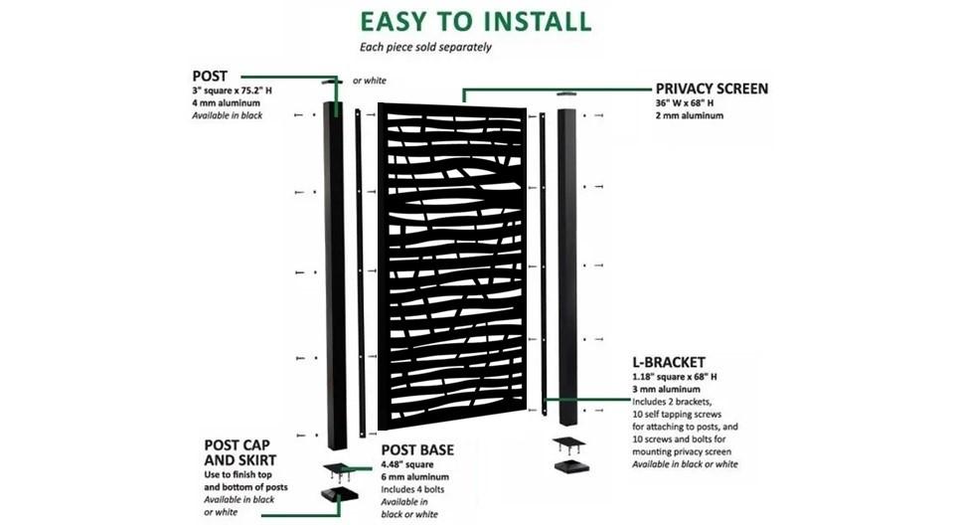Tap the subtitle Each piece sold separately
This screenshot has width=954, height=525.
(x=425, y=47)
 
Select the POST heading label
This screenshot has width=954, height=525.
(x=210, y=76)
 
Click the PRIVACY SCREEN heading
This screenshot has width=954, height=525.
(x=712, y=88)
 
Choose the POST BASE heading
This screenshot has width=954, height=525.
(x=417, y=450)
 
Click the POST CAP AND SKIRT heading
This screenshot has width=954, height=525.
(x=240, y=452)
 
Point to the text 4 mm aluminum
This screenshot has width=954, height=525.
(x=228, y=103)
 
